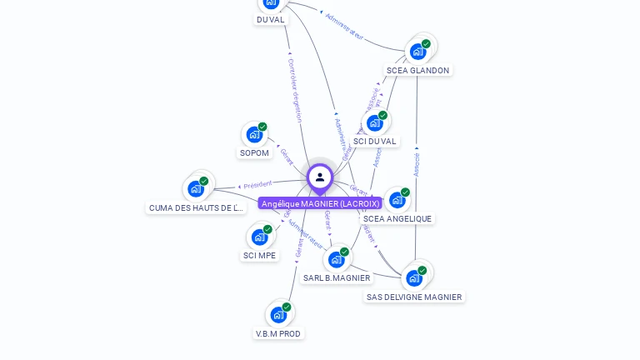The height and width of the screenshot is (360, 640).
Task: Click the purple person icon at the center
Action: [x=320, y=177]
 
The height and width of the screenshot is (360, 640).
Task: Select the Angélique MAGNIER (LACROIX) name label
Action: [x=320, y=203]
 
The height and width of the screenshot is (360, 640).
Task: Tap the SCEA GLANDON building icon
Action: [x=418, y=51]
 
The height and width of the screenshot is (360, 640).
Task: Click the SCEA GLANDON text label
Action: [x=418, y=71]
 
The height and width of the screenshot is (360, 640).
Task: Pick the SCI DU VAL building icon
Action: [x=375, y=122]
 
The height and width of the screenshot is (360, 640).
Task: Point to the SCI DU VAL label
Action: [x=375, y=142]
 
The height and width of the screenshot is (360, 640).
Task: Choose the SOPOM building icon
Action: [x=254, y=134]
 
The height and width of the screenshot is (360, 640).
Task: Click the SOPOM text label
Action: [x=254, y=153]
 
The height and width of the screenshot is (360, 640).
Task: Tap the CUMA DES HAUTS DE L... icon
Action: [x=196, y=187]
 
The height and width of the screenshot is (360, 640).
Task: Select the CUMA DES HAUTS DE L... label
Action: [x=196, y=208]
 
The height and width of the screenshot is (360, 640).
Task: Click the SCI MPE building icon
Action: [x=260, y=237]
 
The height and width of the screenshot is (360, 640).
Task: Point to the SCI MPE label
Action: [x=260, y=256]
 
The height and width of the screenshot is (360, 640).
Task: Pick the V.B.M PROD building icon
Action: [x=278, y=314]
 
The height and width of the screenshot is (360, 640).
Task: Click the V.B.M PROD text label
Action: [x=278, y=334]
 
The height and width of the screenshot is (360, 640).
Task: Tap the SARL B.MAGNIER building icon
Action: [x=337, y=259]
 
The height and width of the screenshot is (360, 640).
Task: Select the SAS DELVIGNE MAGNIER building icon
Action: [x=414, y=277]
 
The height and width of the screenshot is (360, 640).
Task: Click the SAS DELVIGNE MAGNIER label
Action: [x=414, y=297]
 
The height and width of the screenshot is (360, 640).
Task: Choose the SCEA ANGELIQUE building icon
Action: [x=397, y=200]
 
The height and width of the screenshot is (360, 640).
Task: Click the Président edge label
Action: [x=257, y=185]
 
